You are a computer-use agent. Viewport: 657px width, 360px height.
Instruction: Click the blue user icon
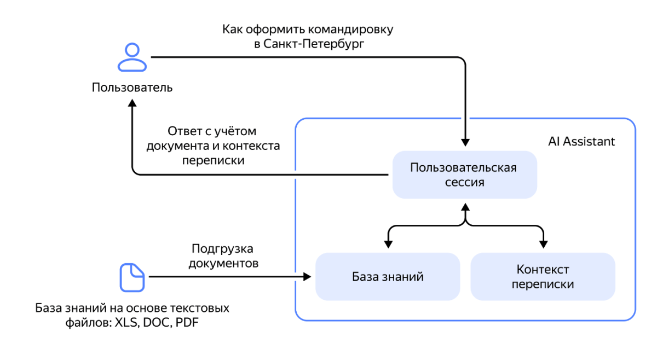click(x=132, y=57)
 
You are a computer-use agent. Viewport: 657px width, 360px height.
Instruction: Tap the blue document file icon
click(x=132, y=277)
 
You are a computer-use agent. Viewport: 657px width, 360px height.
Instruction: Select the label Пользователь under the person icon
click(x=132, y=88)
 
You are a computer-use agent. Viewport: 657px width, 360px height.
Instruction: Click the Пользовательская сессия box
click(x=465, y=175)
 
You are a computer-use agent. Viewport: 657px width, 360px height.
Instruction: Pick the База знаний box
click(x=388, y=276)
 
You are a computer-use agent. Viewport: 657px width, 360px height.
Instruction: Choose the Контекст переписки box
click(x=543, y=276)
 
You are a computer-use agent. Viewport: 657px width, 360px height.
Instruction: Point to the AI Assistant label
click(x=581, y=141)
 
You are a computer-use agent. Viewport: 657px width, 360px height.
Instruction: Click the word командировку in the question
click(x=350, y=30)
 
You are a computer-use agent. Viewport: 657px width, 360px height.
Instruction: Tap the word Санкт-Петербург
click(x=314, y=44)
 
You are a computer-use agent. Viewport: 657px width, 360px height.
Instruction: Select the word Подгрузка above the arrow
click(x=222, y=249)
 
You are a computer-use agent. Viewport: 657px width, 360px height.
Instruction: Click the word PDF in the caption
click(x=187, y=322)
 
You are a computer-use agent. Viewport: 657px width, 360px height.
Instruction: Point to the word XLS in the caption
click(x=126, y=323)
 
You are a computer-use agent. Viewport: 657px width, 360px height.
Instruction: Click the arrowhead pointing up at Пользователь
click(x=132, y=103)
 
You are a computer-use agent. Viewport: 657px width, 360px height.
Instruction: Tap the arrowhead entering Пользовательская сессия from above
click(x=465, y=142)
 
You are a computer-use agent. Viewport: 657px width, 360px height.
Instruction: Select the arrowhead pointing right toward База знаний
click(x=307, y=276)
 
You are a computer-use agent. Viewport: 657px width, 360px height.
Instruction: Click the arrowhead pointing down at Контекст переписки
click(x=544, y=245)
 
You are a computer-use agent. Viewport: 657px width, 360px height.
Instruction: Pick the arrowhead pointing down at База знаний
click(x=388, y=245)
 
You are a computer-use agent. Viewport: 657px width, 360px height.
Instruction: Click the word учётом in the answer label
click(x=235, y=132)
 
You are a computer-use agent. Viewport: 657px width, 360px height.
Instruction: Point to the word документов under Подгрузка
click(x=223, y=264)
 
